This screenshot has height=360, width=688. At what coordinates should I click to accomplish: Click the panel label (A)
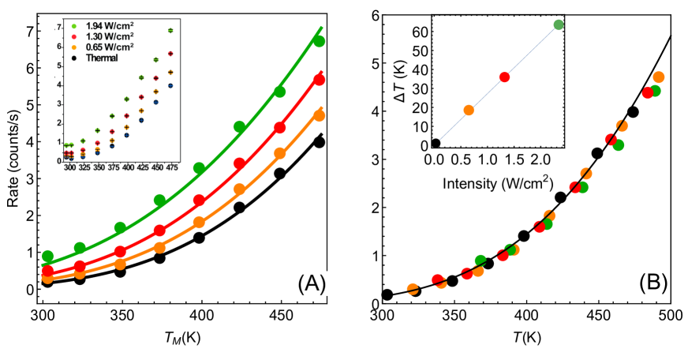click(312, 283)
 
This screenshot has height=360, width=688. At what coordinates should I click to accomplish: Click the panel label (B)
click(653, 283)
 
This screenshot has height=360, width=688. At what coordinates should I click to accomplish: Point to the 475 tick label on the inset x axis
click(171, 168)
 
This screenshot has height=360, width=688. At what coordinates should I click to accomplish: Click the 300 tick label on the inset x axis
click(70, 168)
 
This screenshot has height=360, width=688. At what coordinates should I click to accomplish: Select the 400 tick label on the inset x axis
click(127, 168)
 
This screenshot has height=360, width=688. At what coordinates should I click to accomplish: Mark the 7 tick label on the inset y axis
click(59, 28)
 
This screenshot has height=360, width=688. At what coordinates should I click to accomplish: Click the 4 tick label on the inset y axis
click(59, 85)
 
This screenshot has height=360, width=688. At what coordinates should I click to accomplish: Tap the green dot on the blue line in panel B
click(558, 25)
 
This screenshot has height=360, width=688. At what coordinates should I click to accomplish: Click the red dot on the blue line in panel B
click(504, 77)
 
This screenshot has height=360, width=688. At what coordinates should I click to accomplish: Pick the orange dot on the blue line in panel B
click(469, 111)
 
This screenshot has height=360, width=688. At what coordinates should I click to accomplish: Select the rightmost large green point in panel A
click(320, 41)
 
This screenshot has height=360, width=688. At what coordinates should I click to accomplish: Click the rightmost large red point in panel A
click(320, 80)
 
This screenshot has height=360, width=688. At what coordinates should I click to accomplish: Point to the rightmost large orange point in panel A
click(320, 115)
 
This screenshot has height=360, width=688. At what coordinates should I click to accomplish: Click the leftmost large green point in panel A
click(47, 256)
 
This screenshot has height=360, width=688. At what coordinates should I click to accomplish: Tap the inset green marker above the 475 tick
click(170, 30)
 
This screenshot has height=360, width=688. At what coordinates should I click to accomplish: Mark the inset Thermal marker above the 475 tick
click(170, 85)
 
